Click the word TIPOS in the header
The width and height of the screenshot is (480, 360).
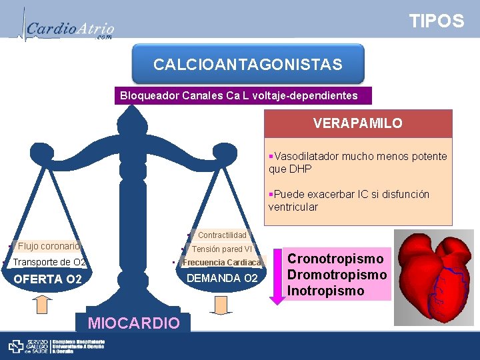pos(437,21)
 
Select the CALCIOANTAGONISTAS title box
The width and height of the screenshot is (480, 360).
pos(248,65)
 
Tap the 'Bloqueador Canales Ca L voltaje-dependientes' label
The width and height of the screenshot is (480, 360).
pos(239,96)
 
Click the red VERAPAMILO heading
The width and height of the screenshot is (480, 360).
pos(358,124)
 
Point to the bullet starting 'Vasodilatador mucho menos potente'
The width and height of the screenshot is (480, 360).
pos(358,162)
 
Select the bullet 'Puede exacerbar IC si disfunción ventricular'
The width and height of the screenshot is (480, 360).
pos(349,200)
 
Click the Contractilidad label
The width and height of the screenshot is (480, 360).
pos(222,235)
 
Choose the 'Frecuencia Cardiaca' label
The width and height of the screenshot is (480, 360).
pos(222,262)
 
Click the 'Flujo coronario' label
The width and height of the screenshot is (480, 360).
pos(49,246)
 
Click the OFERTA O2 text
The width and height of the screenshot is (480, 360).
pos(48,279)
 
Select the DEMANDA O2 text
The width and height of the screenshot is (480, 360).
pos(222,278)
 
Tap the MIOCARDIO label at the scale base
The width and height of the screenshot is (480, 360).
pos(134,323)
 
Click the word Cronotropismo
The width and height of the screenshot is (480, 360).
pos(335,259)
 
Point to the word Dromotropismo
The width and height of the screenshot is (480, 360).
pos(337,275)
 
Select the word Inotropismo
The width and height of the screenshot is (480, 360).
pos(326,291)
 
